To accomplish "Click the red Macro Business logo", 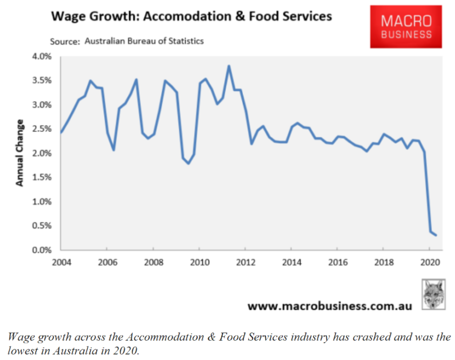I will [x=406, y=27].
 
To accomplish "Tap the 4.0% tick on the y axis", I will [x=42, y=56].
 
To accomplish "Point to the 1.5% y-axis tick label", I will [x=42, y=177].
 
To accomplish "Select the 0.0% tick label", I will [x=42, y=250].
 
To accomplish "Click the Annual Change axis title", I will [x=20, y=153].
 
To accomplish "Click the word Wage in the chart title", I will [x=67, y=16].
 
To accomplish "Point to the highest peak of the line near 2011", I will [x=228, y=66].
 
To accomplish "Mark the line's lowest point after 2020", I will [x=436, y=235].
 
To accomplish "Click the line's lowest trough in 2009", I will [x=188, y=163].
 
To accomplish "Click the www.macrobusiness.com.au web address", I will [x=330, y=306].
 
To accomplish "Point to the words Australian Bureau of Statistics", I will [x=144, y=41].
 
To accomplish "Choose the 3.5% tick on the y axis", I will [x=42, y=80].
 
